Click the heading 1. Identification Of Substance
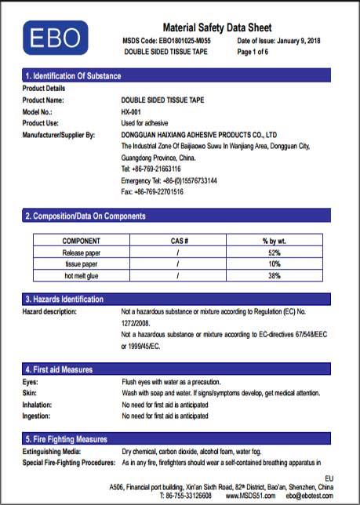click(x=73, y=76)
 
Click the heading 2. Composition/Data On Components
click(x=85, y=216)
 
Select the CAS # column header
click(x=179, y=241)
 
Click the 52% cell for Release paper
click(x=275, y=252)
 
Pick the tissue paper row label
click(x=81, y=264)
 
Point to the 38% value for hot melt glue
click(x=275, y=276)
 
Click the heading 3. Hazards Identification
click(x=64, y=300)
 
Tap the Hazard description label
click(x=49, y=311)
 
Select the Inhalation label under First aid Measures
click(x=38, y=404)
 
